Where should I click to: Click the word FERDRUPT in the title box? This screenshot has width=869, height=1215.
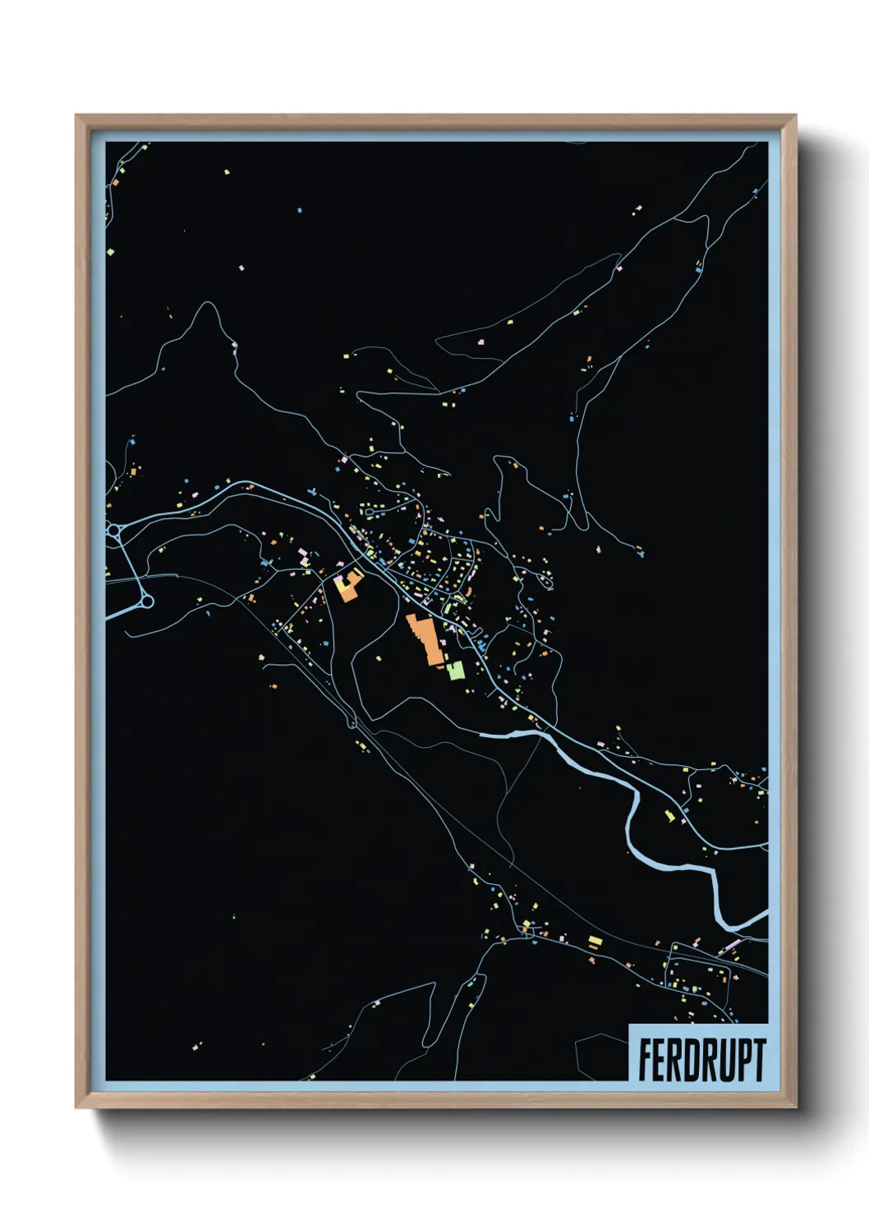tap(701, 1060)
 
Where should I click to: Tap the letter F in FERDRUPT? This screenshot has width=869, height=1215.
tap(646, 1060)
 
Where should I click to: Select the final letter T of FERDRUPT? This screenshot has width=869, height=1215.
tap(759, 1060)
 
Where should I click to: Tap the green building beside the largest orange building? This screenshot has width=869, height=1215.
tap(456, 671)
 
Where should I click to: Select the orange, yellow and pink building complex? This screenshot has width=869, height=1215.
tap(350, 585)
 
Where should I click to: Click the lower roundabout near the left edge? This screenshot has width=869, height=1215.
tap(147, 603)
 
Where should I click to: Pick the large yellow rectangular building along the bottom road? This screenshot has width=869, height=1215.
tap(595, 940)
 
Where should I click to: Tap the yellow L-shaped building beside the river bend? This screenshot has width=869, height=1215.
tap(669, 816)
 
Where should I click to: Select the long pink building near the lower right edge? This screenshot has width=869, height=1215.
tap(731, 946)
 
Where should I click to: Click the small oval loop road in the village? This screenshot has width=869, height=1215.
tap(369, 512)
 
